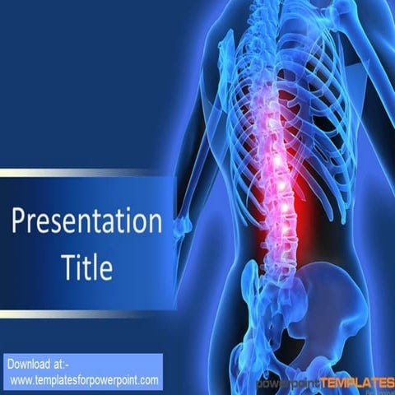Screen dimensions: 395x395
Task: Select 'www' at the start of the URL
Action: pos(21,379)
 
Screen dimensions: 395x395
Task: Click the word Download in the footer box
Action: pos(30,364)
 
